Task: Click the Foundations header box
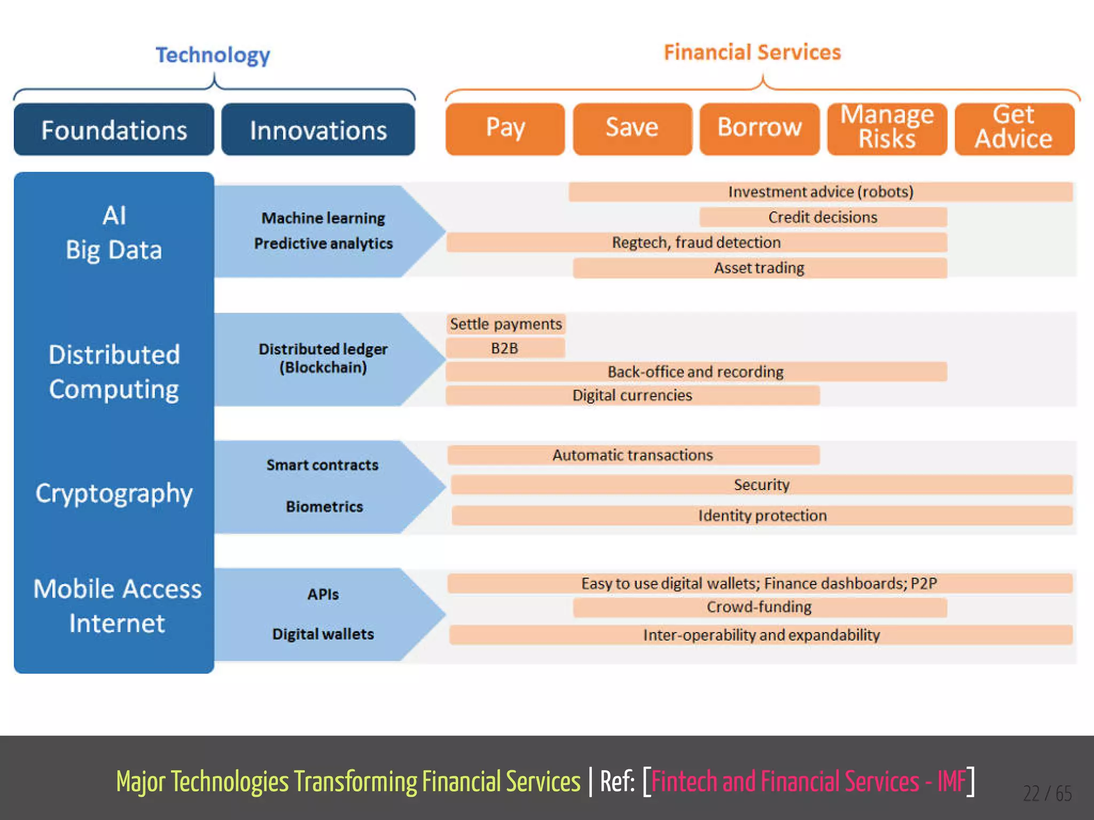tap(114, 130)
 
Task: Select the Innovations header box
tap(318, 130)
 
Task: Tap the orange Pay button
tap(505, 129)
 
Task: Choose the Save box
tap(632, 129)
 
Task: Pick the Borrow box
tap(759, 129)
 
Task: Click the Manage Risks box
tap(887, 129)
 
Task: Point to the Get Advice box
tap(1014, 129)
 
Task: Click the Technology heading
tap(213, 55)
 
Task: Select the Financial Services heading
tap(752, 52)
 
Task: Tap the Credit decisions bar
tap(823, 217)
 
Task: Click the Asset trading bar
tap(759, 268)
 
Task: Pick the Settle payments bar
tap(506, 324)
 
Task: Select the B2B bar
tap(505, 349)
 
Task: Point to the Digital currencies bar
tap(632, 396)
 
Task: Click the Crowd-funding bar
tap(759, 608)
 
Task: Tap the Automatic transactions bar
tap(633, 455)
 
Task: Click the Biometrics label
tap(324, 507)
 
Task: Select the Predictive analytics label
tap(323, 243)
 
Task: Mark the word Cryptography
tap(114, 493)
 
